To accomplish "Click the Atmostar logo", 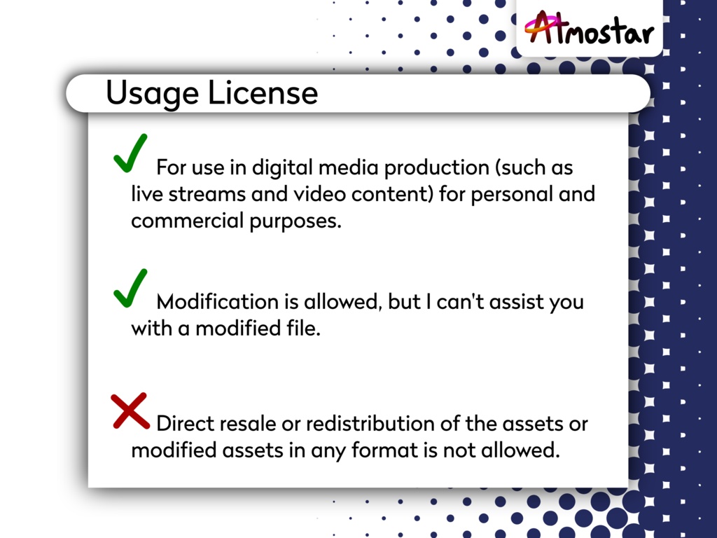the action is [x=590, y=28].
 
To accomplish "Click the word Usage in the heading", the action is [x=152, y=94].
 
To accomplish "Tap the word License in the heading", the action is [x=263, y=93].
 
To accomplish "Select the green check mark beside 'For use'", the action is [x=130, y=153].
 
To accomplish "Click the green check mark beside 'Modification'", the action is [x=130, y=288].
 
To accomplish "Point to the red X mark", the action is [x=130, y=411].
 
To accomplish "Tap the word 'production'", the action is [x=437, y=168].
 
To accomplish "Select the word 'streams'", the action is [x=207, y=195].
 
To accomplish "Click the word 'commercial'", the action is [x=188, y=221].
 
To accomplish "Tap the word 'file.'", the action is [x=304, y=329].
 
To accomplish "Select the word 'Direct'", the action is [x=185, y=424].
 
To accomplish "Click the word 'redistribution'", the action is [x=370, y=424].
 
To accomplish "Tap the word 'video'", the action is [x=319, y=195].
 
